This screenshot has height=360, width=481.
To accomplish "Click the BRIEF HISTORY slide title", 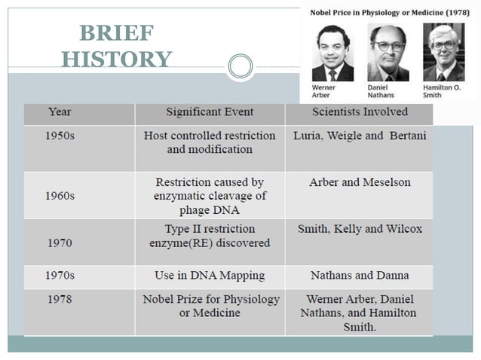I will [x=116, y=46].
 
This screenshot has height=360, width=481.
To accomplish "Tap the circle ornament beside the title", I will [x=240, y=66].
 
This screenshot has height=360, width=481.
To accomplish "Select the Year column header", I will [x=60, y=112].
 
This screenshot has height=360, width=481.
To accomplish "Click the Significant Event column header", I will [x=210, y=112].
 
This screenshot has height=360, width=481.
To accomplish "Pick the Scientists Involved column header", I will [x=359, y=112].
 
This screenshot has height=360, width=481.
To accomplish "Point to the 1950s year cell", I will [x=61, y=136].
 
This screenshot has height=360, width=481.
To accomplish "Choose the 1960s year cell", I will [x=61, y=196].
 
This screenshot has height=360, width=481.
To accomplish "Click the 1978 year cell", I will [x=60, y=300].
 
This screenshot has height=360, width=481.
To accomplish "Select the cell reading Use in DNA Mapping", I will [x=210, y=276].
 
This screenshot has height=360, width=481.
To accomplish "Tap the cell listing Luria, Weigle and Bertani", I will [x=359, y=136].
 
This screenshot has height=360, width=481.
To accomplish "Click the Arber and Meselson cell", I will [x=359, y=183].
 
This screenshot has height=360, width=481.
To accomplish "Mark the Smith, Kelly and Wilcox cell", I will [x=359, y=229].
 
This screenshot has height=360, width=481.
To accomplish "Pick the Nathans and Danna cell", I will [x=359, y=276].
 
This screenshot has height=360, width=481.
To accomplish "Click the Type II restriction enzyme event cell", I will [x=210, y=236].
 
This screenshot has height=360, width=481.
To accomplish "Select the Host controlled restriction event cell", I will [x=210, y=142].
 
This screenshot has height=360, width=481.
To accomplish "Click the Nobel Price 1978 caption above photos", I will [x=389, y=14].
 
